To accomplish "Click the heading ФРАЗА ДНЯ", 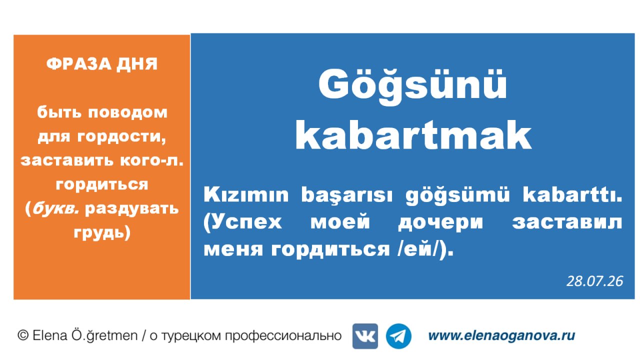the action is coord(102,63).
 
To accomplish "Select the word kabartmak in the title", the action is coord(413,135).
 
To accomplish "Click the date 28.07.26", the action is coord(594,281).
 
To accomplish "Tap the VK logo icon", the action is coord(365,336).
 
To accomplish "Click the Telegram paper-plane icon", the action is coord(398,336).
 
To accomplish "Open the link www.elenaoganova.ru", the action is coord(501,335).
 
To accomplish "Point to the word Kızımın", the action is coord(246,195).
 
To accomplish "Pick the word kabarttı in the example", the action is coord(572,195).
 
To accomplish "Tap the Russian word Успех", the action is coord(242,222).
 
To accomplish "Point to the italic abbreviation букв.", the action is coord(55,208).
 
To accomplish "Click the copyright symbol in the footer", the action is coord(23,335).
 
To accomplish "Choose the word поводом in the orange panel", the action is coord(127,112).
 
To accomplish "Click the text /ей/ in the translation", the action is coord(417,249).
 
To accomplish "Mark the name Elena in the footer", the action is coord(49,335).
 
